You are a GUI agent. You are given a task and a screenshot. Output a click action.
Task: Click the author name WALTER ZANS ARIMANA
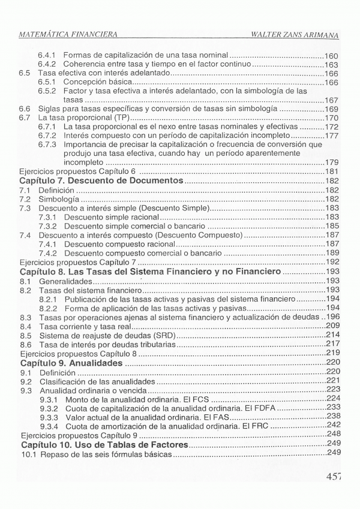pos(296,35)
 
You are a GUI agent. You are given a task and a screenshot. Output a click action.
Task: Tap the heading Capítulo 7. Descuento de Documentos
pos(101,180)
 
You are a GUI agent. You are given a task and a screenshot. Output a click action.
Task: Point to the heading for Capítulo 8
pos(150,272)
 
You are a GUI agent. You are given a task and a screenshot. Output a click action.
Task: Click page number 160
pos(332,55)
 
